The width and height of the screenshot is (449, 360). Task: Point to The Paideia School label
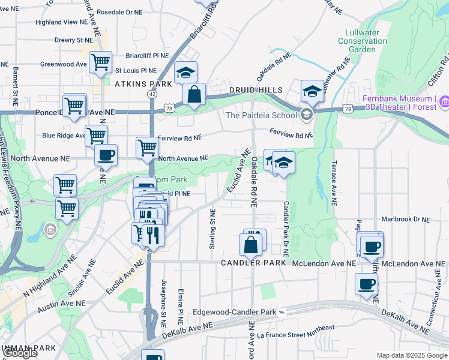pyautogui.click(x=261, y=115)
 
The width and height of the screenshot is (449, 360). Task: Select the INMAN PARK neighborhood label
pyautogui.click(x=28, y=348)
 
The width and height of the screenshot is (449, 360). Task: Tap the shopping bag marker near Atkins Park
pyautogui.click(x=194, y=94)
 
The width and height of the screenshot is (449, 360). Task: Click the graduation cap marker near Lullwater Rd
pyautogui.click(x=312, y=91)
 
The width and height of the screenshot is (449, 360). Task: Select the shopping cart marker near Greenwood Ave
pyautogui.click(x=100, y=62)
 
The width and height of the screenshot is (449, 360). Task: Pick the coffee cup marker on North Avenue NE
pyautogui.click(x=106, y=155)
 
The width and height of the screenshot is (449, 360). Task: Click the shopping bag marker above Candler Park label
pyautogui.click(x=250, y=245)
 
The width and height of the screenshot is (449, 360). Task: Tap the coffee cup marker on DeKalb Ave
pyautogui.click(x=366, y=284)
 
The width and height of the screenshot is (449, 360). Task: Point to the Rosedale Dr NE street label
pyautogui.click(x=119, y=11)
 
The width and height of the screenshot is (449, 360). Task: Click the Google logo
pyautogui.click(x=19, y=353)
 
